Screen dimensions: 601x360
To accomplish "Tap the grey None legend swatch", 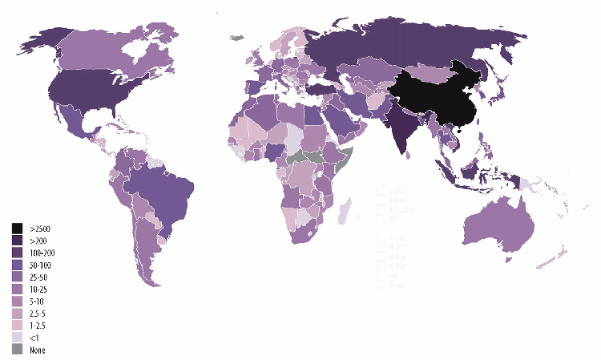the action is (17, 350).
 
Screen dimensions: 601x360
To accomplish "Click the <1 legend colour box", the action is (17, 338).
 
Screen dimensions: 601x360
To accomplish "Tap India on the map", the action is (398, 128).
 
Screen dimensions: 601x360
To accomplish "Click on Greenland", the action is (235, 36).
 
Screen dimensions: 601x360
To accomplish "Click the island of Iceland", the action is (236, 36).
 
